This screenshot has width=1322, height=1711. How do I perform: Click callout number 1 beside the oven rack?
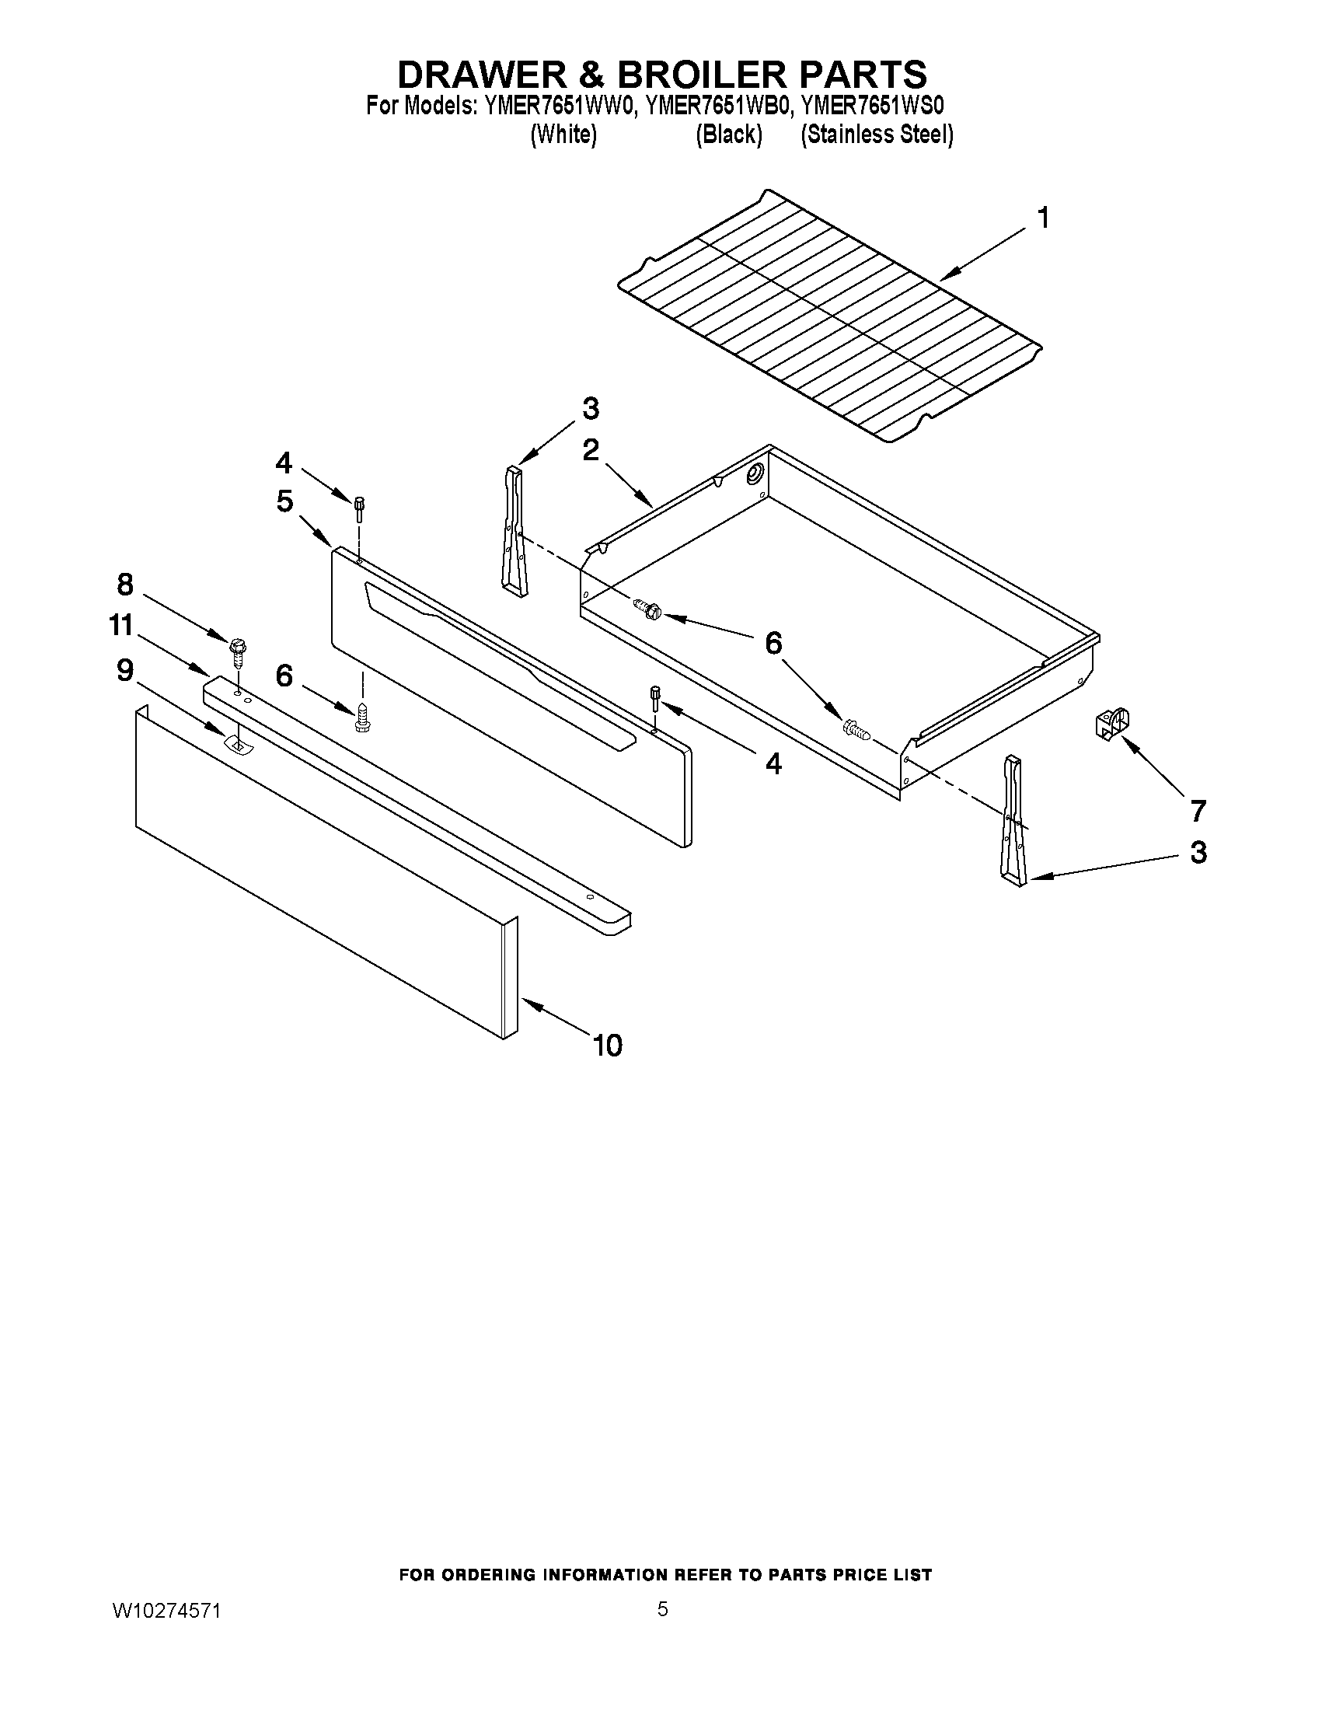(1042, 218)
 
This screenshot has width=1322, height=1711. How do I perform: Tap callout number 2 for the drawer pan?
(591, 449)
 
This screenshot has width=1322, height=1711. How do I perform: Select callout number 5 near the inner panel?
(284, 501)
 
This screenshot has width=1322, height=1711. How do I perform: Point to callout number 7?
(1198, 811)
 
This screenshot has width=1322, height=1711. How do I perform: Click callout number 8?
(125, 584)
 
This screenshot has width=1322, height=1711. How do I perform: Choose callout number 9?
(125, 670)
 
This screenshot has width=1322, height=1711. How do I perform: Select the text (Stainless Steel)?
(877, 134)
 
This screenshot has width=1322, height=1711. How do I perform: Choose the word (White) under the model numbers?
(563, 134)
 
